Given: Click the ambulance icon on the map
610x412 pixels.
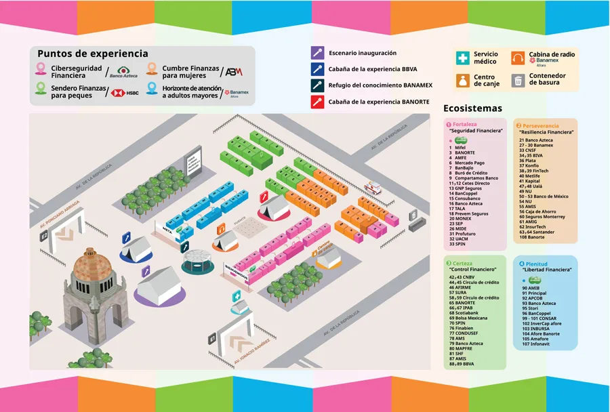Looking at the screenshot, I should pyautogui.click(x=374, y=188).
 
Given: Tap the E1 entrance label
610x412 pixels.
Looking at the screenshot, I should pyautogui.click(x=213, y=337).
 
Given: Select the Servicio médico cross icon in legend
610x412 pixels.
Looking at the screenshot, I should pyautogui.click(x=463, y=58).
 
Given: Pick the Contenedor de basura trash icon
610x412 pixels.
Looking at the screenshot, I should pyautogui.click(x=518, y=80).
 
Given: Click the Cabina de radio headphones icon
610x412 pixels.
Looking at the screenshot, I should pyautogui.click(x=518, y=58).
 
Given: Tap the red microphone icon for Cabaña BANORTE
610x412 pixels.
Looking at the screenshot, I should pyautogui.click(x=317, y=102).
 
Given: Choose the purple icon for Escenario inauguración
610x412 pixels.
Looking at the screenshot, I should pyautogui.click(x=317, y=53).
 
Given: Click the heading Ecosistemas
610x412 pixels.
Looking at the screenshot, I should pyautogui.click(x=472, y=108).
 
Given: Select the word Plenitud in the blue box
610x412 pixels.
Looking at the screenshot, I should pyautogui.click(x=537, y=264).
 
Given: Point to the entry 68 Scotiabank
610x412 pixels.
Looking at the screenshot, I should pyautogui.click(x=465, y=312).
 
